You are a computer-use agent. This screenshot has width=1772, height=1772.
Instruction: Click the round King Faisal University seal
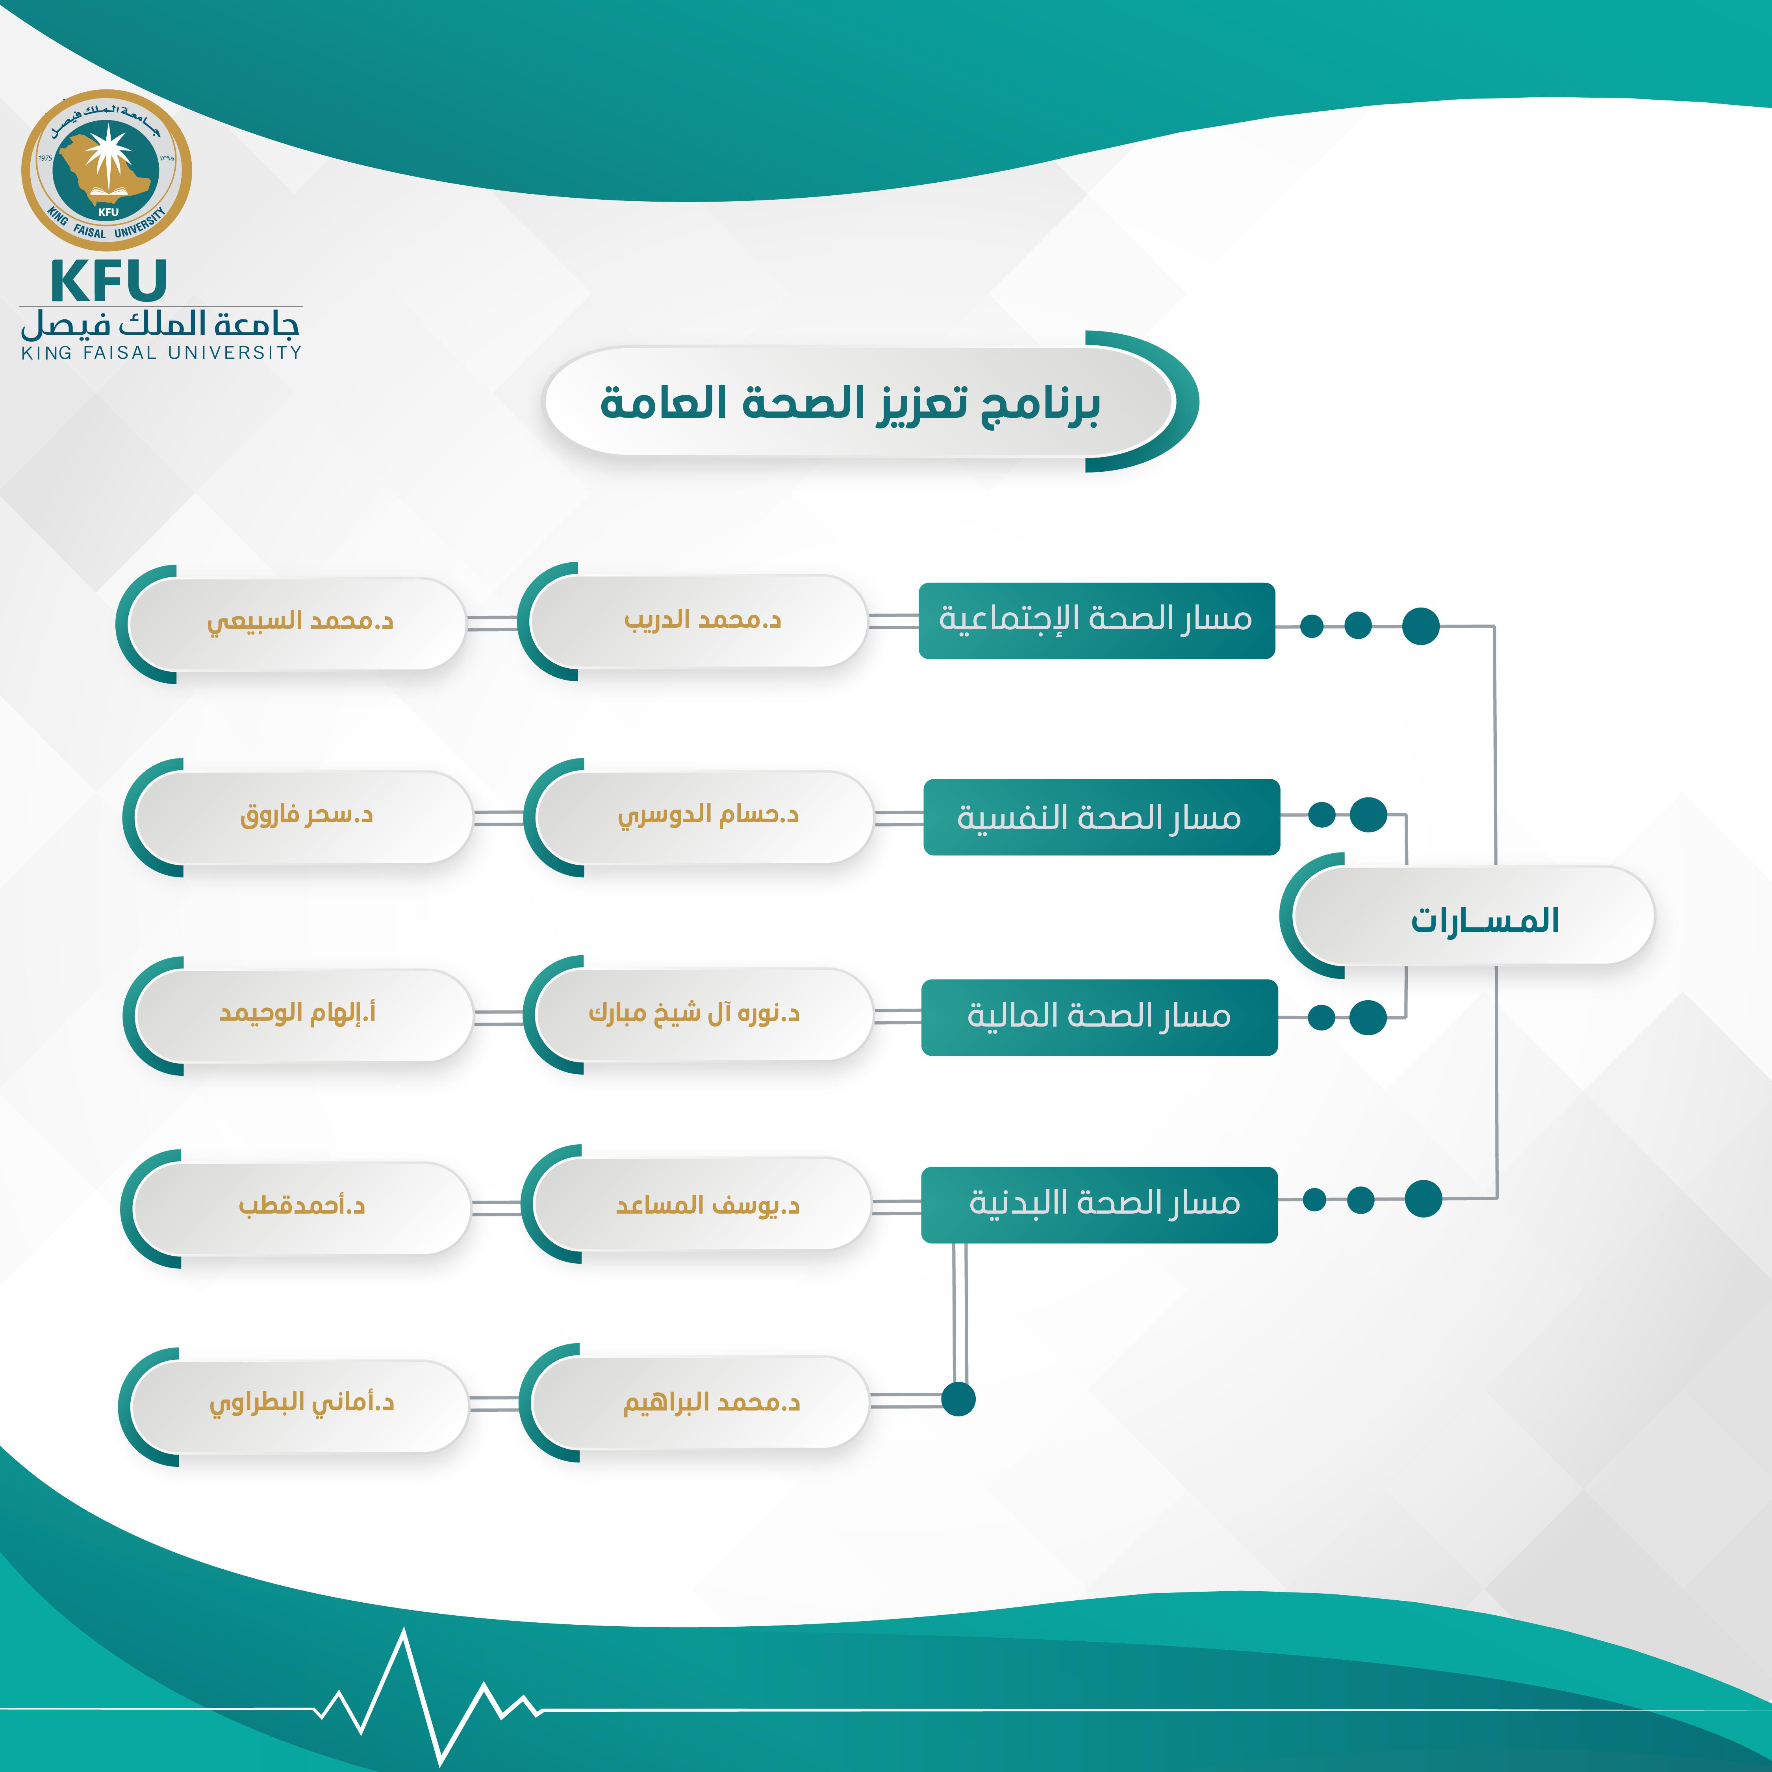pyautogui.click(x=106, y=171)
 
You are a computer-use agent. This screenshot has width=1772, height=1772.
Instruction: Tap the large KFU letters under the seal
pyautogui.click(x=108, y=281)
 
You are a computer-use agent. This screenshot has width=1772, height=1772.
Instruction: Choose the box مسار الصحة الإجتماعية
pyautogui.click(x=1096, y=620)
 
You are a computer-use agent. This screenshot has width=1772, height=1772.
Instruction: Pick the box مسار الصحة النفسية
pyautogui.click(x=1101, y=816)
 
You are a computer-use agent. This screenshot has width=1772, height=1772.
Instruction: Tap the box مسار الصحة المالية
pyautogui.click(x=1099, y=1016)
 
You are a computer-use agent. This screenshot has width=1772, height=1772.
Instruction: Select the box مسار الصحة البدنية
pyautogui.click(x=1099, y=1203)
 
